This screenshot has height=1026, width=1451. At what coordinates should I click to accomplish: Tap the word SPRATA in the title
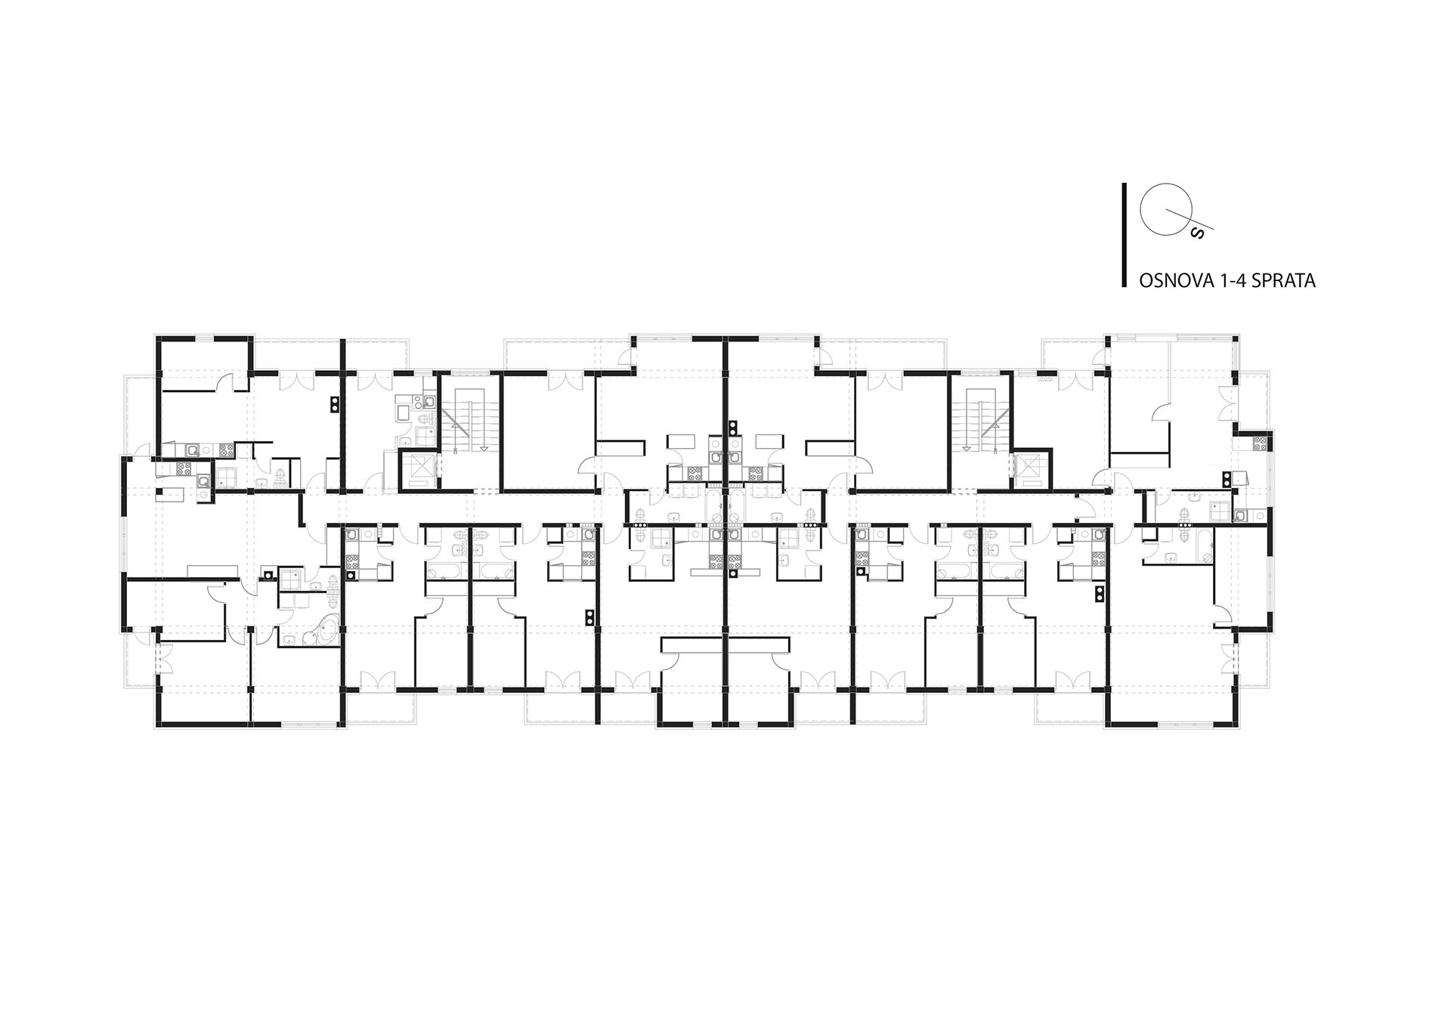pyautogui.click(x=1284, y=281)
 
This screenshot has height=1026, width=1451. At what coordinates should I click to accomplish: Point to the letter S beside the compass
pyautogui.click(x=1196, y=232)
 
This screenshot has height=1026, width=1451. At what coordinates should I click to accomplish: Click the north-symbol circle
pyautogui.click(x=1158, y=209)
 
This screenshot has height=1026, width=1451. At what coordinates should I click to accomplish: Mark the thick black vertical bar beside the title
pyautogui.click(x=1125, y=235)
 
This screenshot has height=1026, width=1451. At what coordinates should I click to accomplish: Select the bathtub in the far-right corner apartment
pyautogui.click(x=1205, y=544)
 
